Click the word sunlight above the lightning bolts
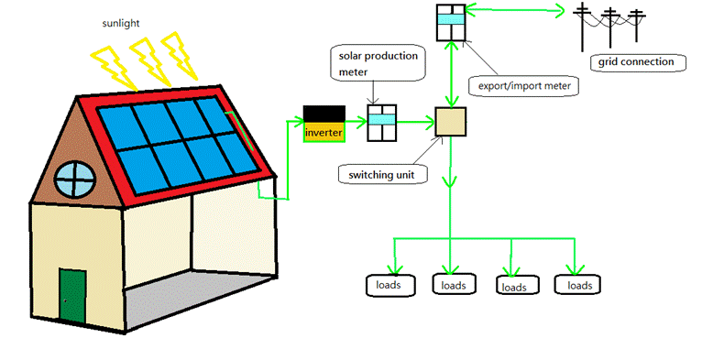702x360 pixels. tap(121, 21)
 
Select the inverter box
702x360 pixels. tap(324, 125)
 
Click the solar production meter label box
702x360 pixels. tap(375, 63)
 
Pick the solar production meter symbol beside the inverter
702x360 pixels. tap(381, 123)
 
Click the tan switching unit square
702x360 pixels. tap(451, 122)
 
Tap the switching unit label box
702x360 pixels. tap(383, 173)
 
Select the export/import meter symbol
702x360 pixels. tap(451, 22)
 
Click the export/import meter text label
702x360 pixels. tap(524, 86)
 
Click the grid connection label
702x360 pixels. tap(636, 62)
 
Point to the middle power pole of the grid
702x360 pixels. tap(609, 27)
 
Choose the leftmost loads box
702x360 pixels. tap(394, 285)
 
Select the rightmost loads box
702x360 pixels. tap(578, 285)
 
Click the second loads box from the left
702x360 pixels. tap(453, 285)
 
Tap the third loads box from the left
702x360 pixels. tap(514, 286)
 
